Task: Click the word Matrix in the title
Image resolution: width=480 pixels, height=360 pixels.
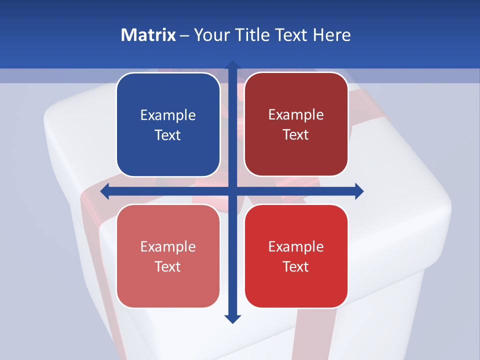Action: pos(148,35)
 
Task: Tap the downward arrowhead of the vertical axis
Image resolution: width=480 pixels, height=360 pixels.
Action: pos(232,318)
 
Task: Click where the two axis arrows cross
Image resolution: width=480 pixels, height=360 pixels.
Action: pos(232,191)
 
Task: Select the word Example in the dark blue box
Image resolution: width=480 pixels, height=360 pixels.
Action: pos(168,115)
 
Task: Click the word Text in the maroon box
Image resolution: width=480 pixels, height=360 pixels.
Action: pos(296,135)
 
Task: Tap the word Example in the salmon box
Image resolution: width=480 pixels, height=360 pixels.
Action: pos(168,246)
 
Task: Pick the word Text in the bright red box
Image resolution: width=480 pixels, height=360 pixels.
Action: pos(296,266)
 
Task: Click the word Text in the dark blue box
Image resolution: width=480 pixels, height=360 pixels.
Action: pos(168,135)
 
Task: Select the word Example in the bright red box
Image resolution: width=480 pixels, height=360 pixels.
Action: pos(296,246)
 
